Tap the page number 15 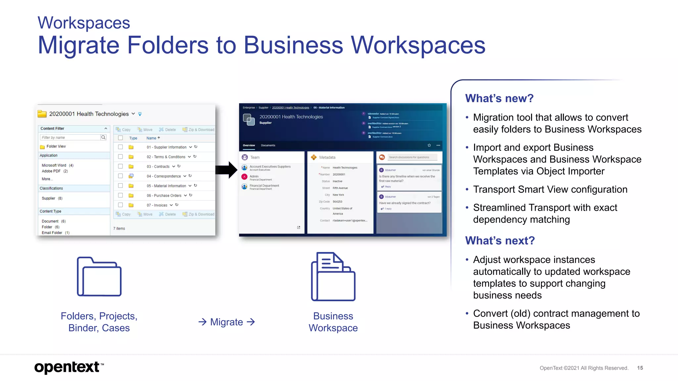pyautogui.click(x=640, y=368)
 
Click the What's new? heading pyautogui.click(x=499, y=98)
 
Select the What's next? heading pyautogui.click(x=500, y=240)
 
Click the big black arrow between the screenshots pyautogui.click(x=226, y=170)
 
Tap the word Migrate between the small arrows pyautogui.click(x=226, y=322)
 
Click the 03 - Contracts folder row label pyautogui.click(x=158, y=166)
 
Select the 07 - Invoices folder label pyautogui.click(x=157, y=205)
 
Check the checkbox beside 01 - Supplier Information pyautogui.click(x=121, y=147)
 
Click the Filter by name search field pyautogui.click(x=71, y=137)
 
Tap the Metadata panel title pyautogui.click(x=327, y=157)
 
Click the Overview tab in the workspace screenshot pyautogui.click(x=249, y=145)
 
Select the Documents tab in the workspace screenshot pyautogui.click(x=268, y=145)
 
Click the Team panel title pyautogui.click(x=255, y=157)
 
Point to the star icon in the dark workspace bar pyautogui.click(x=429, y=145)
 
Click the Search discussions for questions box pyautogui.click(x=412, y=157)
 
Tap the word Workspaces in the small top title pyautogui.click(x=84, y=23)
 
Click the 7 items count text pyautogui.click(x=119, y=229)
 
